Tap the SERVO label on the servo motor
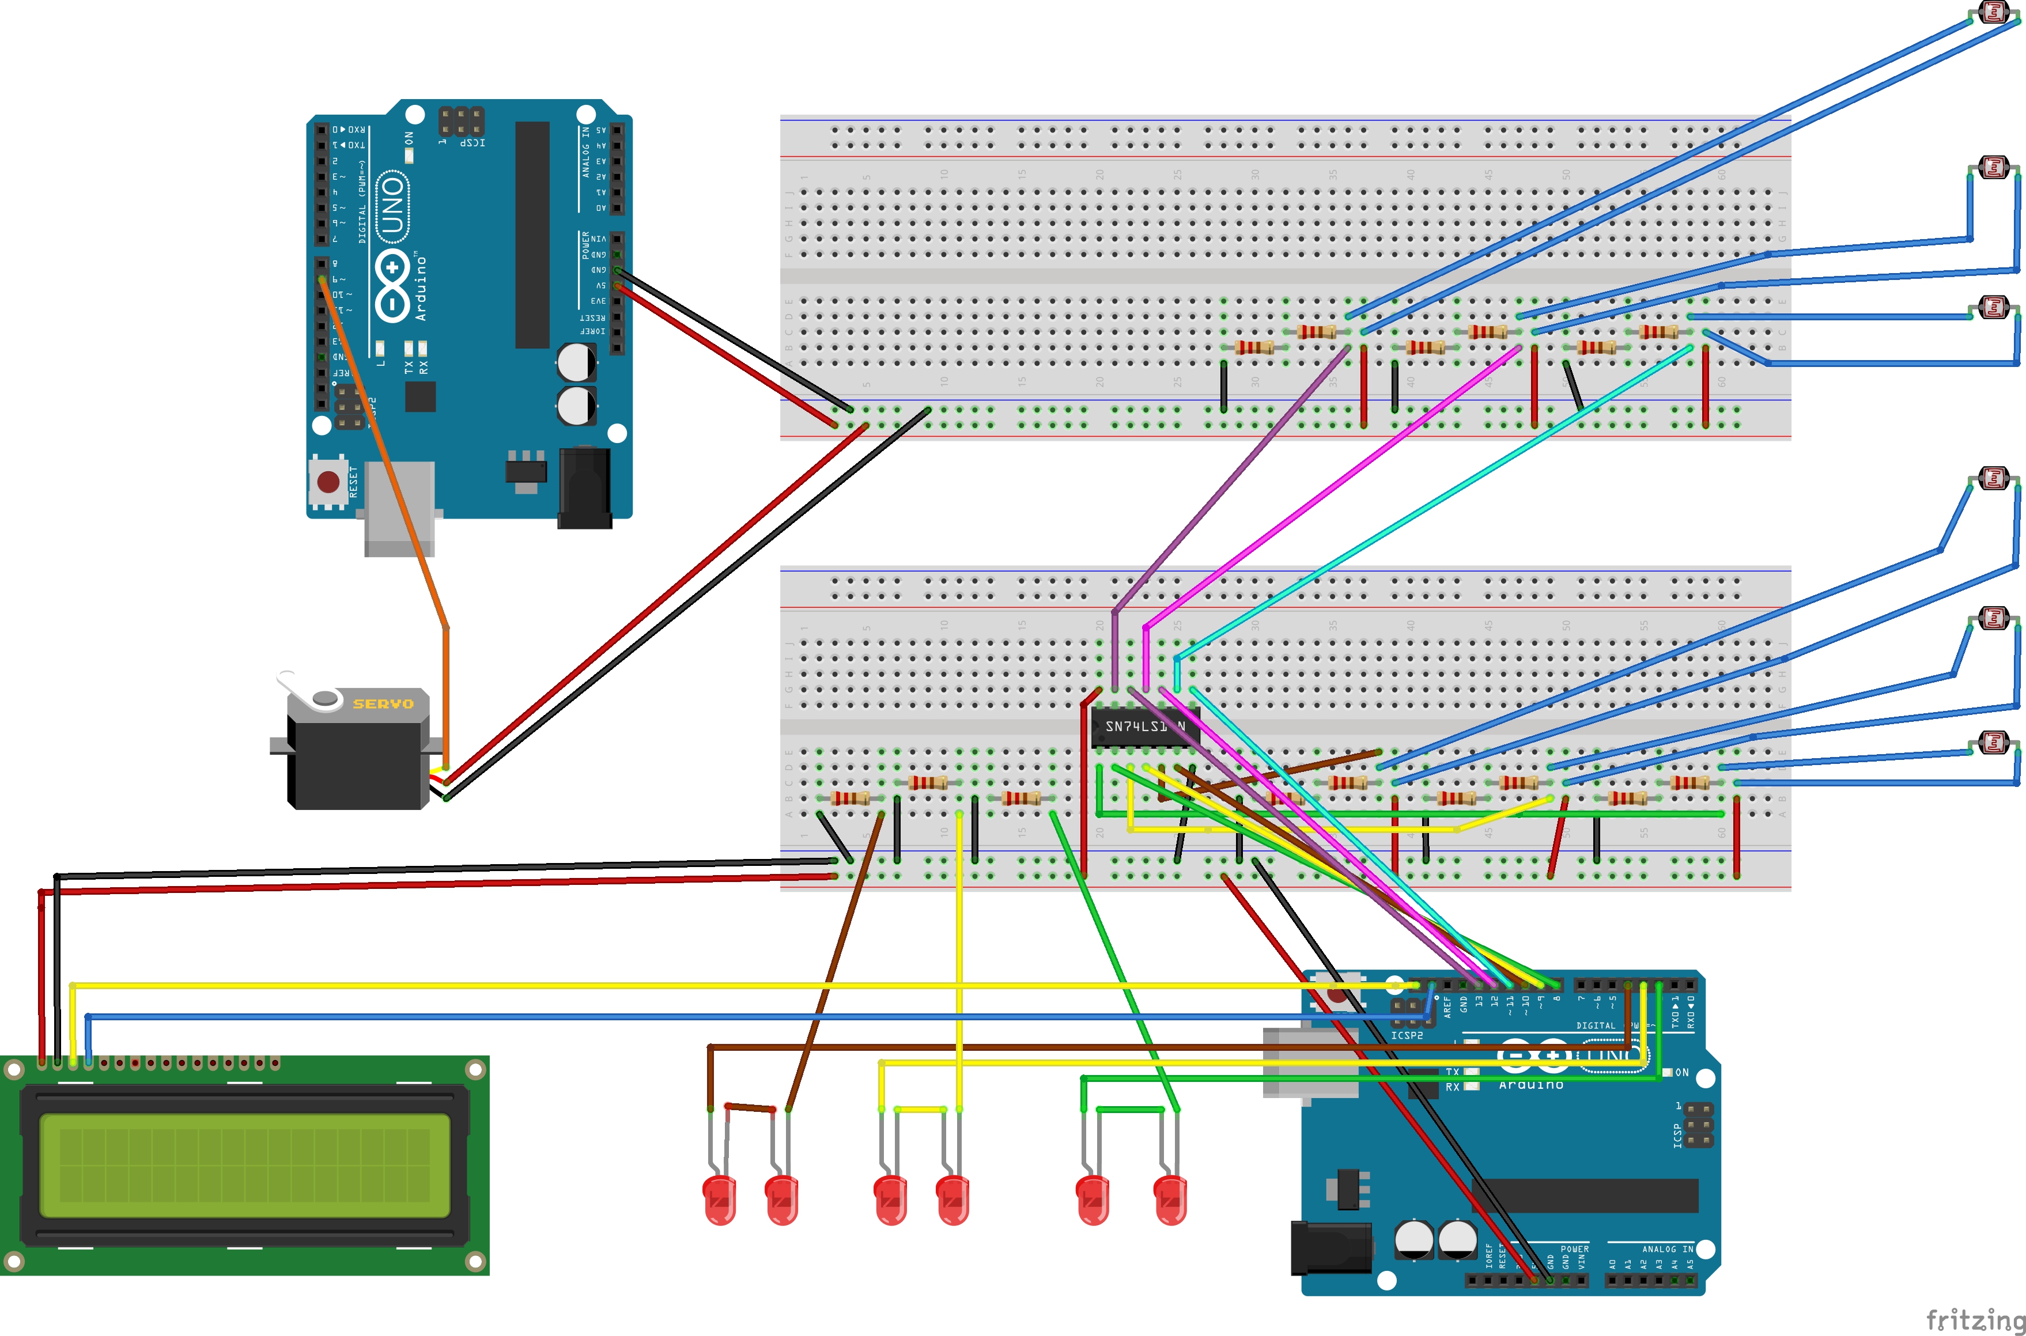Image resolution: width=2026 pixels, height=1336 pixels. pyautogui.click(x=383, y=704)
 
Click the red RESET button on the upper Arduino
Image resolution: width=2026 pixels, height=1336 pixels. pyautogui.click(x=328, y=482)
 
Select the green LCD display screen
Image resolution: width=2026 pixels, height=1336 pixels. pyautogui.click(x=244, y=1165)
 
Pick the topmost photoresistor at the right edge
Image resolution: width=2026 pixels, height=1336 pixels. pyautogui.click(x=1994, y=12)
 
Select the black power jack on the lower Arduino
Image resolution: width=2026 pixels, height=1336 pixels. pyautogui.click(x=1330, y=1248)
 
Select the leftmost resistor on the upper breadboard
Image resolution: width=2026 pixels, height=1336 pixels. pyautogui.click(x=1254, y=347)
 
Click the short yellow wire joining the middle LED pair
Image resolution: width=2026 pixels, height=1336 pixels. pyautogui.click(x=920, y=1110)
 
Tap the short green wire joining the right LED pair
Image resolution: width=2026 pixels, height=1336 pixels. pyautogui.click(x=1130, y=1110)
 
